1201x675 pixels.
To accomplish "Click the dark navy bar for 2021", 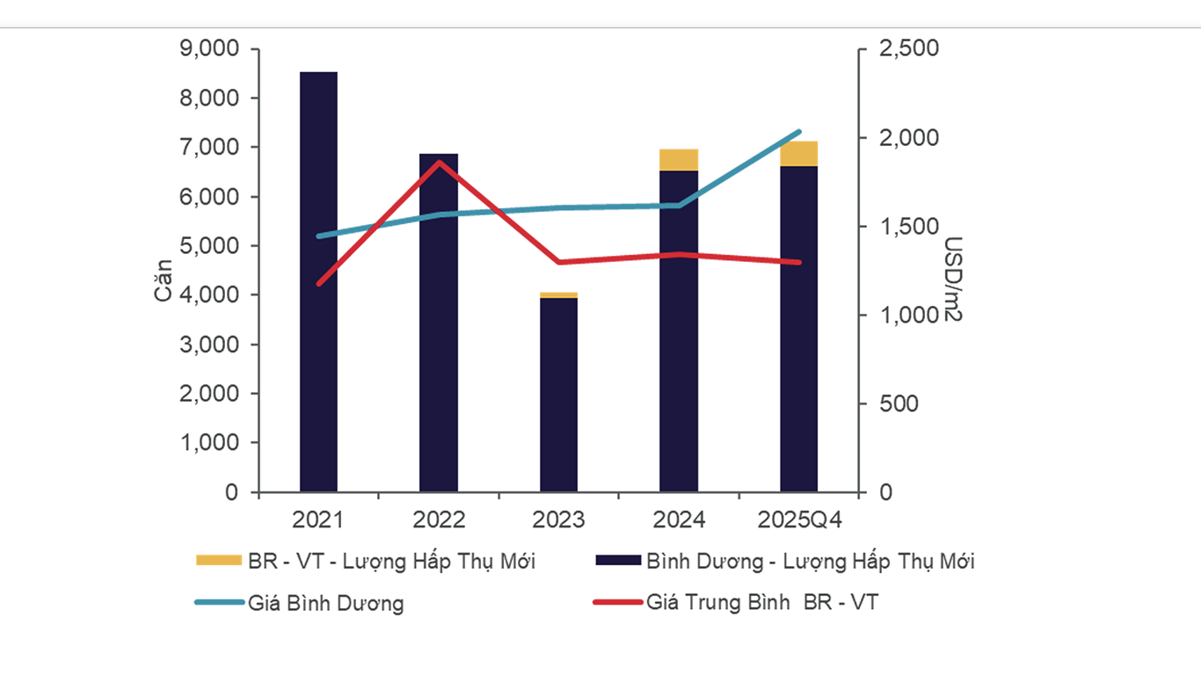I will pyautogui.click(x=318, y=281).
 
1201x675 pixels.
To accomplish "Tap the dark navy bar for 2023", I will pyautogui.click(x=558, y=396).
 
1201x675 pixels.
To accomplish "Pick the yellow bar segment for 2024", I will pyautogui.click(x=679, y=160).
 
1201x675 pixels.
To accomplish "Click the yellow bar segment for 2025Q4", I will pyautogui.click(x=798, y=154).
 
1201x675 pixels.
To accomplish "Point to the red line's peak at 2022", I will pyautogui.click(x=438, y=162).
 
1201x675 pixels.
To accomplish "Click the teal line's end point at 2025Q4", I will pyautogui.click(x=798, y=132).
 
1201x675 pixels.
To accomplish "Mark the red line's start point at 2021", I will pyautogui.click(x=318, y=284).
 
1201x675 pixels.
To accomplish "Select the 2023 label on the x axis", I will pyautogui.click(x=558, y=520).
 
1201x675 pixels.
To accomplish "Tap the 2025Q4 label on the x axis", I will pyautogui.click(x=798, y=520).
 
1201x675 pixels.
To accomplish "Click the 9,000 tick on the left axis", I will pyautogui.click(x=208, y=49).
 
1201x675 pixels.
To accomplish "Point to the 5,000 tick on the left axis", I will pyautogui.click(x=208, y=246).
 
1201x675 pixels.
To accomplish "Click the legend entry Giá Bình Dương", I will pyautogui.click(x=326, y=603).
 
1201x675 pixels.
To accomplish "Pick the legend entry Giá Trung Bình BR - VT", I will pyautogui.click(x=761, y=603).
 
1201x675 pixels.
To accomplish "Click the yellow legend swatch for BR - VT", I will pyautogui.click(x=217, y=561).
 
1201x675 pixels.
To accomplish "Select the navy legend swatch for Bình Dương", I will pyautogui.click(x=617, y=561).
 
